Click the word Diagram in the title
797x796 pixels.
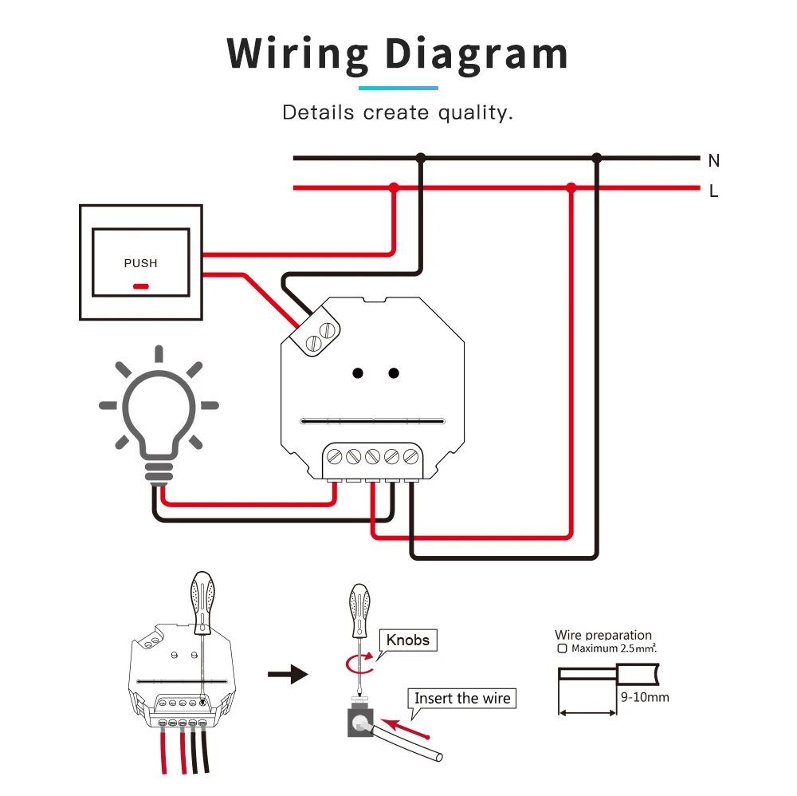tap(477, 54)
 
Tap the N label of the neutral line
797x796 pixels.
tap(713, 161)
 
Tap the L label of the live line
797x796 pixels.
tap(713, 191)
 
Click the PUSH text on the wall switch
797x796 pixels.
tap(141, 263)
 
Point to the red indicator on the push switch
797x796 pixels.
tap(141, 286)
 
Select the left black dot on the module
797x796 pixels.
tap(359, 372)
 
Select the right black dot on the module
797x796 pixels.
tap(394, 372)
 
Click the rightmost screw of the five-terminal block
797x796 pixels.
tap(410, 457)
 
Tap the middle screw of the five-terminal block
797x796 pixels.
tap(373, 457)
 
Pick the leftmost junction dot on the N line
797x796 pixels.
tap(421, 158)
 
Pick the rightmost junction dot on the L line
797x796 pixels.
tap(571, 188)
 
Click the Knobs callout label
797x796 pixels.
tap(408, 640)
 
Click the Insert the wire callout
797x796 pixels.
tap(462, 698)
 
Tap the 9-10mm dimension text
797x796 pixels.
tap(644, 698)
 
